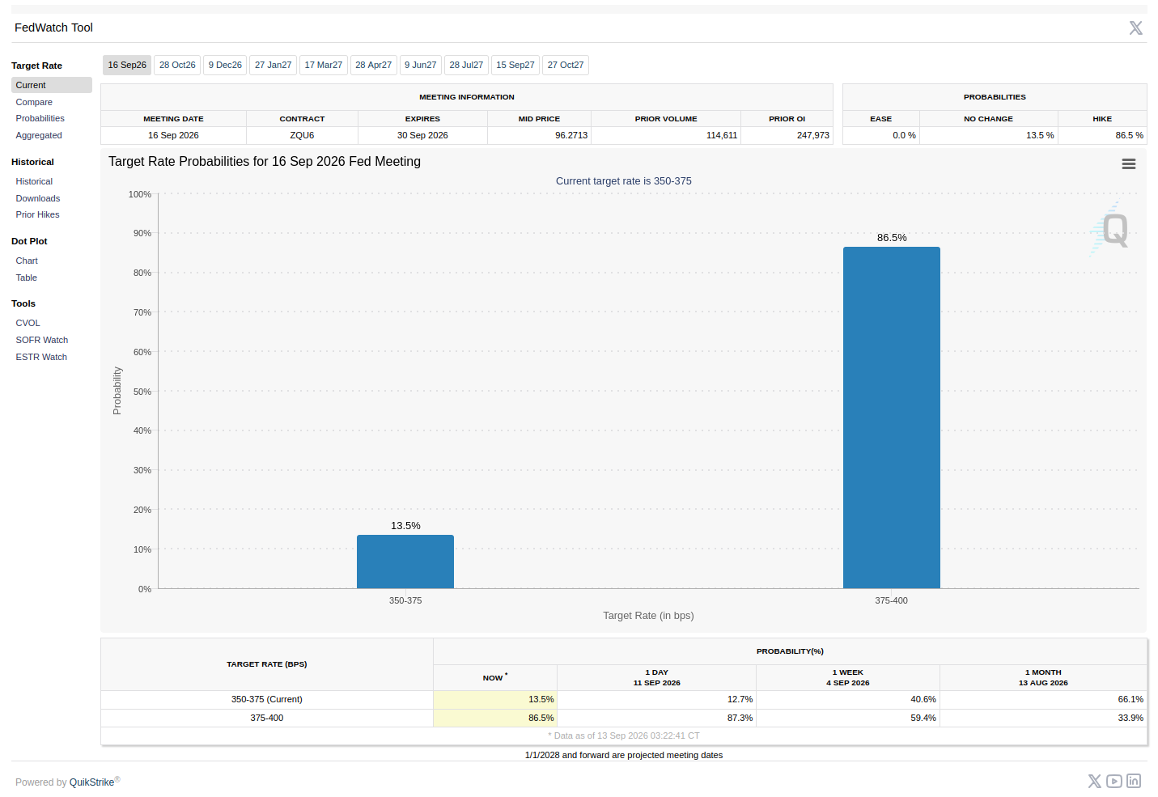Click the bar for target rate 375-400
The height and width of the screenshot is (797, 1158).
[891, 418]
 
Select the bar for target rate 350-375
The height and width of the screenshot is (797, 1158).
[405, 562]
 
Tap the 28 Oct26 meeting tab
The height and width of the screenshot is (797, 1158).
[177, 65]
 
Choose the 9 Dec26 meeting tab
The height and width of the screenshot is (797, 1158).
[225, 65]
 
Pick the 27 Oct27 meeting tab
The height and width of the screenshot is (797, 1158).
[566, 65]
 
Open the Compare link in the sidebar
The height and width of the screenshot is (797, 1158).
[34, 102]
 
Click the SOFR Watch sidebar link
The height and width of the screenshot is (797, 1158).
[42, 340]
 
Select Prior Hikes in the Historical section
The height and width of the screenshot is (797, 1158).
[38, 214]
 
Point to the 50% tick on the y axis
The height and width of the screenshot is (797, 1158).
[142, 392]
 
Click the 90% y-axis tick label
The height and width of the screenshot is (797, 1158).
[142, 233]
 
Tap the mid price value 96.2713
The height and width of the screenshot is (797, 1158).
[571, 135]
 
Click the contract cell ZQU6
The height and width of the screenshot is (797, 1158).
[302, 135]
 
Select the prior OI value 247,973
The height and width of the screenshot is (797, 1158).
[813, 135]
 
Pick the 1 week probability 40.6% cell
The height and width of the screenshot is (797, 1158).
[923, 699]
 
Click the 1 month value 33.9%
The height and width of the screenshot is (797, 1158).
[1130, 718]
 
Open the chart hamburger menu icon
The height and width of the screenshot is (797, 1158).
[1129, 163]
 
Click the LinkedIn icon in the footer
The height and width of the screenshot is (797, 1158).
[1134, 781]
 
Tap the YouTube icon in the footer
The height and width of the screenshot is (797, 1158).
[1114, 781]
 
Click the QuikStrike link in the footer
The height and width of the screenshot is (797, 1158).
[92, 782]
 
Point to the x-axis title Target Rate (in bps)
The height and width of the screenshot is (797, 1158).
[648, 616]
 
